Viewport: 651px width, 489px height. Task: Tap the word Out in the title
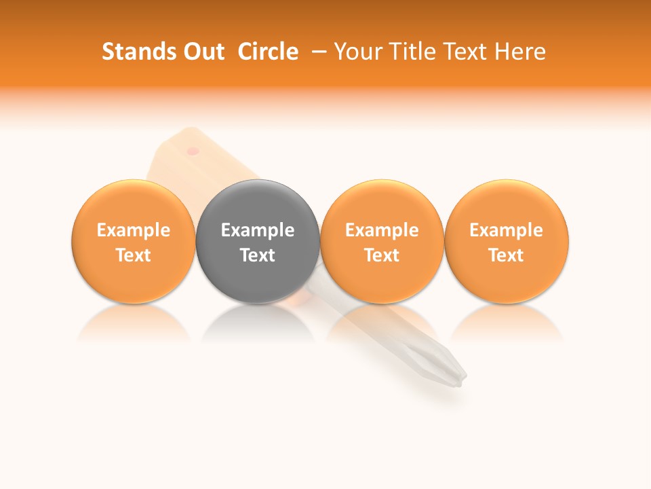pyautogui.click(x=202, y=52)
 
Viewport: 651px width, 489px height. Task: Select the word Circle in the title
pyautogui.click(x=268, y=52)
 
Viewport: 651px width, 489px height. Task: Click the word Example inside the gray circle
pyautogui.click(x=258, y=230)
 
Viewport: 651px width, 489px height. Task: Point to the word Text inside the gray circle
pyautogui.click(x=258, y=255)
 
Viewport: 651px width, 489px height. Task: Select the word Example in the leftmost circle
pyautogui.click(x=133, y=230)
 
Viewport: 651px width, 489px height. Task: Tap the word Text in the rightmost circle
pyautogui.click(x=506, y=255)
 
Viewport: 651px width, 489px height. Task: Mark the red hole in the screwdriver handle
pyautogui.click(x=193, y=150)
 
